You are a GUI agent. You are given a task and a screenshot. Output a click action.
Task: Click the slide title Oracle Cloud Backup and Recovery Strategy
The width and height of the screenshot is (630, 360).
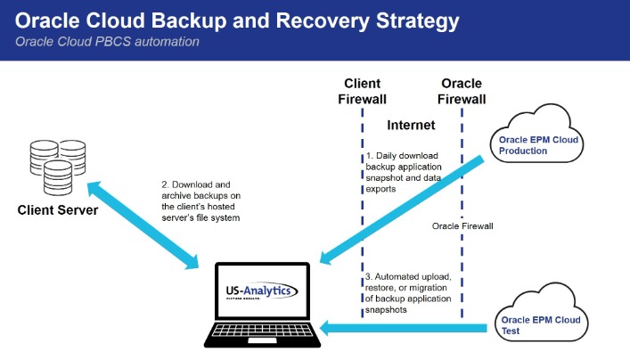[x=235, y=20]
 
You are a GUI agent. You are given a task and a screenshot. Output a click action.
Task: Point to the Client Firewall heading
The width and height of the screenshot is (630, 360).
[x=362, y=91]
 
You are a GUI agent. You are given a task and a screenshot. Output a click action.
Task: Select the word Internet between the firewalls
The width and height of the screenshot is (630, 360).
[x=411, y=126]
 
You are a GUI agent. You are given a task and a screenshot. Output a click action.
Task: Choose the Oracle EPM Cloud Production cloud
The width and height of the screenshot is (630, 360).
[x=540, y=143]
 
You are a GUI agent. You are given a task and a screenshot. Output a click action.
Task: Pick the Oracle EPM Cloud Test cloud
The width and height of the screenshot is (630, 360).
[x=540, y=323]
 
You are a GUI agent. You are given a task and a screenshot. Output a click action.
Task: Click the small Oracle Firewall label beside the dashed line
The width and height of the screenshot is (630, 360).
[x=462, y=226]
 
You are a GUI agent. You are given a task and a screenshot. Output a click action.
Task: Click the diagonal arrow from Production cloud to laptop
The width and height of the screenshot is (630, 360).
[x=401, y=211]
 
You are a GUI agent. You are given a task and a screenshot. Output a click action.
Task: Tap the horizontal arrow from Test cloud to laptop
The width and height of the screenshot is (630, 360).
[x=401, y=330]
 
